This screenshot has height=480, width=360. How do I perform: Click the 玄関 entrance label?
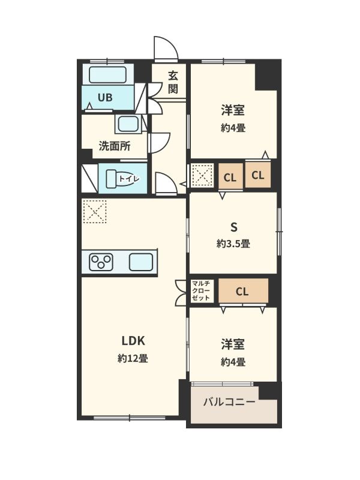click(173, 82)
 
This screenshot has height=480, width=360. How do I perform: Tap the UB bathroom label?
click(105, 98)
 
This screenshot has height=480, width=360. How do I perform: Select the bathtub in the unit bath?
click(108, 74)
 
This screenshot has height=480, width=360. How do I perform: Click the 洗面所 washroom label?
click(115, 146)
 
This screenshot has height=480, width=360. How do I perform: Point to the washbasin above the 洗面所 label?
click(128, 124)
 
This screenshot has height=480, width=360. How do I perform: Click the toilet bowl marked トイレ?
click(122, 178)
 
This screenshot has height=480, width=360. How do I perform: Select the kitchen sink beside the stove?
click(141, 262)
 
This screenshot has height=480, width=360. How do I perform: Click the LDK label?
click(133, 341)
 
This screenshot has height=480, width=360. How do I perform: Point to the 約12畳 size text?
click(133, 358)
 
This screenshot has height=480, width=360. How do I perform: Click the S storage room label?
click(234, 227)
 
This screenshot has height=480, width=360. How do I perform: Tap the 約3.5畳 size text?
click(233, 244)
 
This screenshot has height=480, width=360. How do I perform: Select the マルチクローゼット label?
click(201, 290)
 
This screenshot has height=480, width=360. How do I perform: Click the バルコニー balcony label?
click(229, 401)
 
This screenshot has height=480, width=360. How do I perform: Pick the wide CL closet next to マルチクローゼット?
click(244, 291)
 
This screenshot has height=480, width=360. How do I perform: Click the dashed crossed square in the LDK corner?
click(95, 212)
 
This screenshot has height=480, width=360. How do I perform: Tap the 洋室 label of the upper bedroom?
click(233, 110)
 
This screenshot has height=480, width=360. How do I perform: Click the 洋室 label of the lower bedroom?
click(233, 344)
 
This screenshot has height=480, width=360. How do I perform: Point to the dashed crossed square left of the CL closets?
click(202, 175)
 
